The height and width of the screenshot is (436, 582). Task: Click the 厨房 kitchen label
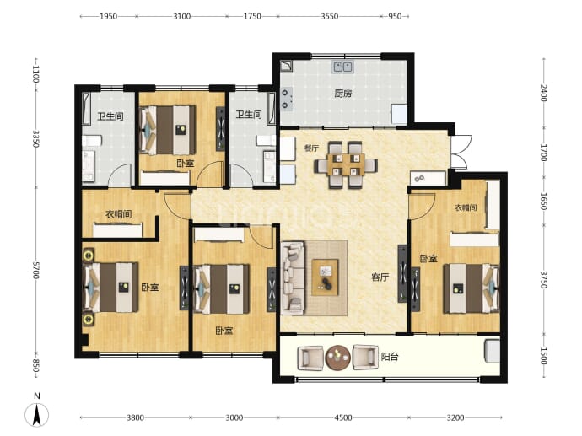pyautogui.click(x=342, y=94)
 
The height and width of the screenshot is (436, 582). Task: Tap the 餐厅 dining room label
pyautogui.click(x=311, y=148)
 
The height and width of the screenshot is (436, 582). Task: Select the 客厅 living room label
pyautogui.click(x=380, y=277)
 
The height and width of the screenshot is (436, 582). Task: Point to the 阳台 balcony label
pyautogui.click(x=390, y=357)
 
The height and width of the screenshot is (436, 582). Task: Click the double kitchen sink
pyautogui.click(x=342, y=67)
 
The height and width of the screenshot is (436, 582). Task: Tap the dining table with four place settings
pyautogui.click(x=346, y=164)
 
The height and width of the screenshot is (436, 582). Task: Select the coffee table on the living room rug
pyautogui.click(x=325, y=277)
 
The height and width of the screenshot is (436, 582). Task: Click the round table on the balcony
pyautogui.click(x=337, y=358)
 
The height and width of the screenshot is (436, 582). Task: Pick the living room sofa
pyautogui.click(x=293, y=278)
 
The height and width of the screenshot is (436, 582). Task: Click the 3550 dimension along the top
pyautogui.click(x=329, y=16)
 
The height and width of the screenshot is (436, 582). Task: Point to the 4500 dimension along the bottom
pyautogui.click(x=343, y=417)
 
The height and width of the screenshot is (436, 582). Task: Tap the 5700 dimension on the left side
pyautogui.click(x=35, y=270)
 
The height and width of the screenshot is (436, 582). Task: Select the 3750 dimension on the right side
pyautogui.click(x=543, y=280)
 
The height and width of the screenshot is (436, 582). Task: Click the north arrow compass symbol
pyautogui.click(x=37, y=412)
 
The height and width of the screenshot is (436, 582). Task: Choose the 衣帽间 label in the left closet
pyautogui.click(x=118, y=214)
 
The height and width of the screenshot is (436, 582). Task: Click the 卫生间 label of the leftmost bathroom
pyautogui.click(x=110, y=116)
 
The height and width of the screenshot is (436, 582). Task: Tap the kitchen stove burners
pyautogui.click(x=286, y=99)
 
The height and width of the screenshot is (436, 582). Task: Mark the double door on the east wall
pyautogui.click(x=461, y=152)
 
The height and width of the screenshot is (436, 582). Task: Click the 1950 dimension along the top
pyautogui.click(x=108, y=16)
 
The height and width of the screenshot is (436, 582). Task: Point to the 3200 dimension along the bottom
pyautogui.click(x=455, y=417)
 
